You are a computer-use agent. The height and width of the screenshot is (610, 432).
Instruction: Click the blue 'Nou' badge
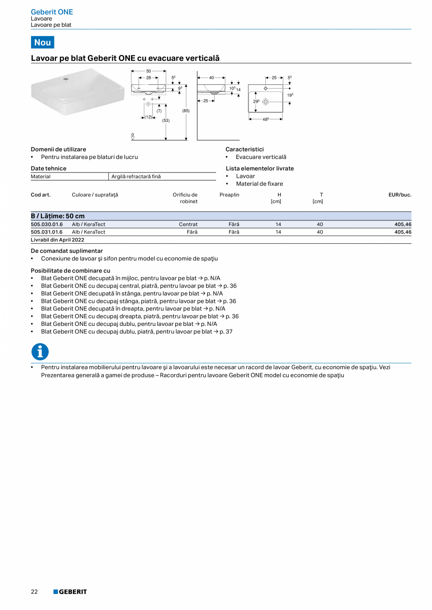click(x=42, y=42)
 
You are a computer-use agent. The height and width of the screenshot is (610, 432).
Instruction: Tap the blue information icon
click(x=40, y=352)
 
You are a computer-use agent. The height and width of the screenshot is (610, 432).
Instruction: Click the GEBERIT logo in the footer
click(x=70, y=592)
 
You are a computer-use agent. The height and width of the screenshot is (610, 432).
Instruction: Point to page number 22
click(x=34, y=592)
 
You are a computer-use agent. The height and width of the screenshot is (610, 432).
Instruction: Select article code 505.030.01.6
click(x=46, y=225)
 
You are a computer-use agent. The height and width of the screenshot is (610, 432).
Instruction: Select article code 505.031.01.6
click(x=46, y=232)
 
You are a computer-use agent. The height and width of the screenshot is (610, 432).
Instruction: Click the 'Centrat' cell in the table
click(x=188, y=225)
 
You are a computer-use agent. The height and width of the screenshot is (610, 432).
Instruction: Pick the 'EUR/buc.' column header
click(x=400, y=195)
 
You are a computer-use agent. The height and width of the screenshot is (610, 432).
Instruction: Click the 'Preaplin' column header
click(x=229, y=195)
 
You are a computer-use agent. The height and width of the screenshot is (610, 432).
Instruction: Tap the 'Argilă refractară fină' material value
click(x=136, y=176)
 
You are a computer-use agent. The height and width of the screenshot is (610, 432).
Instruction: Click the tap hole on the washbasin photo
click(x=66, y=80)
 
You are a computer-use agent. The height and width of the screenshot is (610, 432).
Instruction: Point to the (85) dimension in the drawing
click(x=186, y=111)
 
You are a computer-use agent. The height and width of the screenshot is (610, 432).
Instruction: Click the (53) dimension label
click(x=166, y=120)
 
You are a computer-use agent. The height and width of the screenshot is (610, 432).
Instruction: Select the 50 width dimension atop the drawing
click(x=148, y=71)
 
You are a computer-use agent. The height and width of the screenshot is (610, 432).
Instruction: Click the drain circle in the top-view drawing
click(x=265, y=101)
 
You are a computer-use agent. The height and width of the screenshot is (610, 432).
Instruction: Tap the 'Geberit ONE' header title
click(x=52, y=12)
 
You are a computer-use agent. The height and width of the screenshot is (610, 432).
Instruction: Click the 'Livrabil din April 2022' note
click(x=57, y=240)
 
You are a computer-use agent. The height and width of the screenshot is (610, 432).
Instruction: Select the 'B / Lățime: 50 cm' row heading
click(x=57, y=216)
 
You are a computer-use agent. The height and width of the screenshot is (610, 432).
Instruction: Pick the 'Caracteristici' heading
click(x=244, y=149)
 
